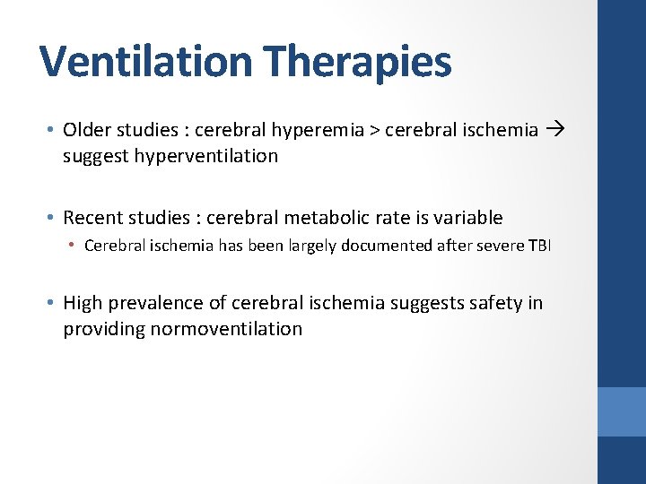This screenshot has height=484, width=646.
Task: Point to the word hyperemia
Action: (x=324, y=130)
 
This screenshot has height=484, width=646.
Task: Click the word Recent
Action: (x=93, y=218)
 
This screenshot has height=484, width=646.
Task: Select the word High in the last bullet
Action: (x=83, y=303)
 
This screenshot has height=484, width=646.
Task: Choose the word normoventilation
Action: (x=227, y=329)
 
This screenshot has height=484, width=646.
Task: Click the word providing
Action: (x=104, y=329)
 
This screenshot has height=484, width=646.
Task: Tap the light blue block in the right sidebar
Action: (x=621, y=411)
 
